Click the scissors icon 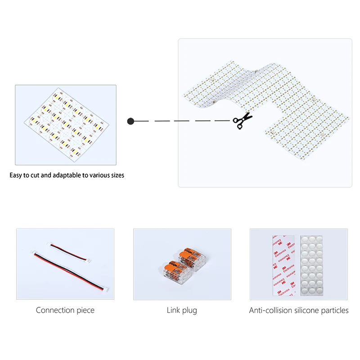pos(243,121)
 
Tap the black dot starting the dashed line pos(130,121)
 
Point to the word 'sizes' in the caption pos(116,175)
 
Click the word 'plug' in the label pos(190,310)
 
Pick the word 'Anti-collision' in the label pos(271,310)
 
